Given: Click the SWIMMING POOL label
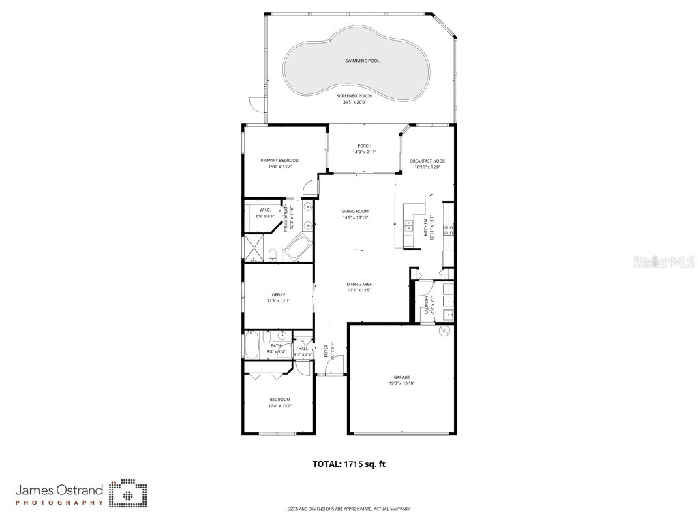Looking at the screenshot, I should (361, 61).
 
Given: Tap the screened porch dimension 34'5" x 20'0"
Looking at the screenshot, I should (354, 103).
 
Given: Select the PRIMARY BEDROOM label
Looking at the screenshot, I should (279, 161).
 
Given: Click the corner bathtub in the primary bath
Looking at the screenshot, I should (297, 248).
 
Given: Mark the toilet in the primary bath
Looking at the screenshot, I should (273, 255).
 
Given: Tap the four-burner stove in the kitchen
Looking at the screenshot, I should (449, 230).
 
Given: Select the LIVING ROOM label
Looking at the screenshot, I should (355, 212).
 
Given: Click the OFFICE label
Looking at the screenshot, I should (278, 295).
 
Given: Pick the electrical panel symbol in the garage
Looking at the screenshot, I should (444, 331).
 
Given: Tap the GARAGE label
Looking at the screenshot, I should (401, 377).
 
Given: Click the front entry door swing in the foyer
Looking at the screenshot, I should (333, 368).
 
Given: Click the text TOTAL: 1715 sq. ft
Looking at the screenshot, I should (349, 464).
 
